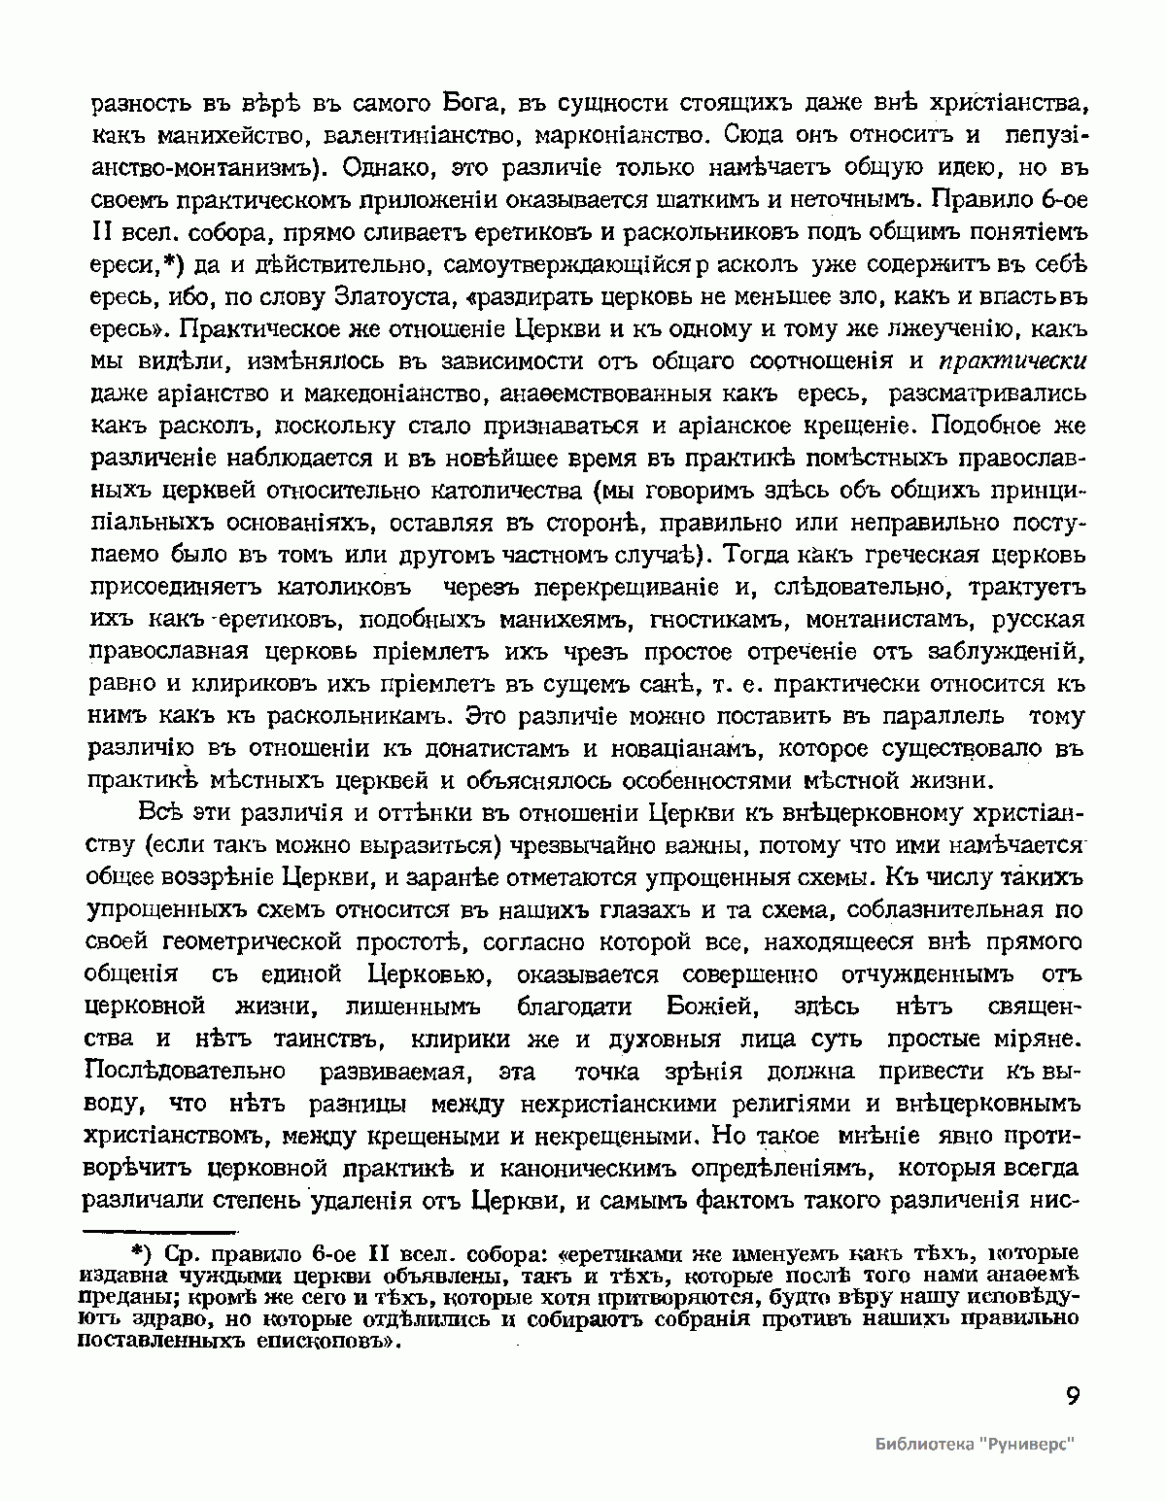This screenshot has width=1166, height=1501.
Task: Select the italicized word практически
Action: point(1012,361)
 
